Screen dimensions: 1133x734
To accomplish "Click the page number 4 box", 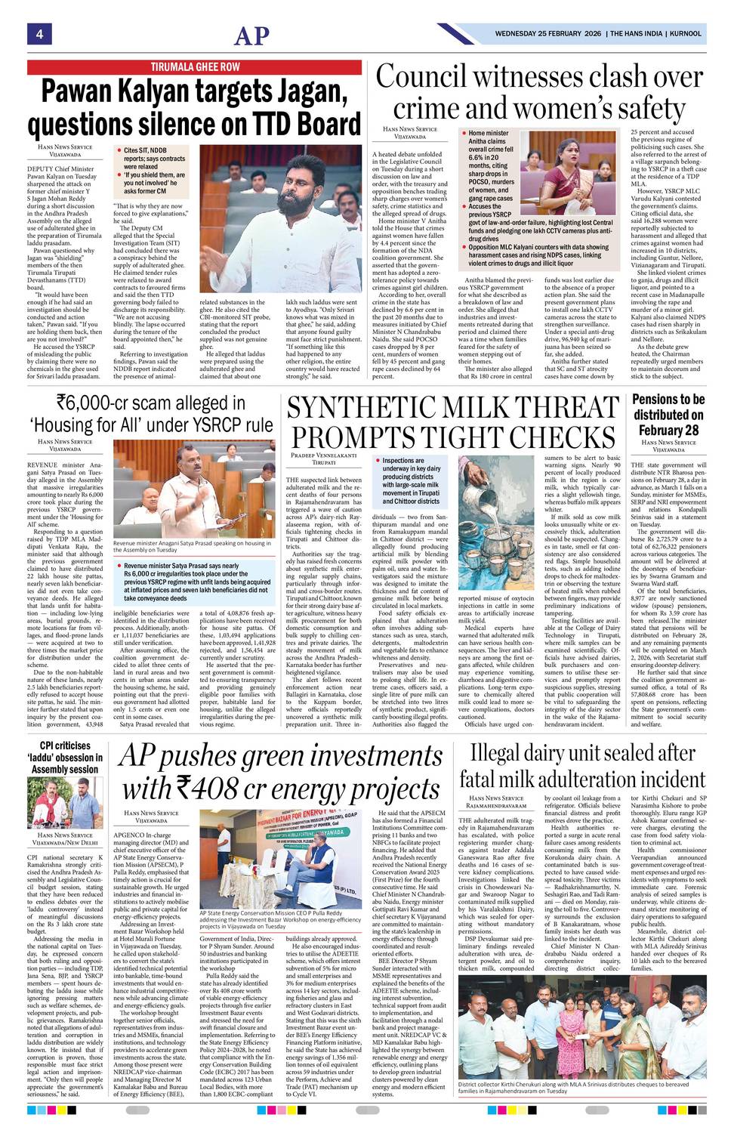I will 39,33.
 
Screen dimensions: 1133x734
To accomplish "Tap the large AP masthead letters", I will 251,36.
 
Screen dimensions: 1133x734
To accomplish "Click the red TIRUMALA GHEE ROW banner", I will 196,67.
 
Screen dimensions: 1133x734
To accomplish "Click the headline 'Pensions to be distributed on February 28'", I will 668,415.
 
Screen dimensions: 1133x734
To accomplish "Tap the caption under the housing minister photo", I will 192,546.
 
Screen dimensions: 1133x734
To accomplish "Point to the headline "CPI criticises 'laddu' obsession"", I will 65,757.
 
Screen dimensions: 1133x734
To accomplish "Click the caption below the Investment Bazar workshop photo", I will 280,919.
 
